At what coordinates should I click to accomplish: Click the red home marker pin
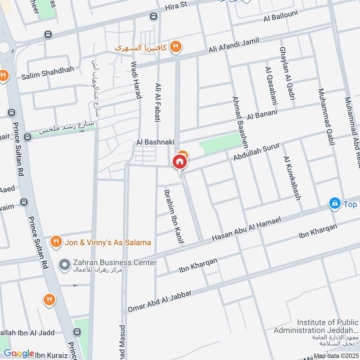click(180, 162)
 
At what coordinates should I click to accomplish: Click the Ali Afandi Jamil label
click(234, 47)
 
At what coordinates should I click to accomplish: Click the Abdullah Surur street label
click(257, 152)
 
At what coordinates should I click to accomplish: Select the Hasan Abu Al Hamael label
click(246, 229)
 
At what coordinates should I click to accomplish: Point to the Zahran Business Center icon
click(65, 263)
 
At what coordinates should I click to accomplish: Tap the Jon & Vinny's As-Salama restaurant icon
click(56, 242)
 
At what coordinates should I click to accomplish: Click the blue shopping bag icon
click(334, 204)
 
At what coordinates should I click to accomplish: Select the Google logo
click(18, 353)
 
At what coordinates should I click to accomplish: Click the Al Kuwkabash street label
click(292, 178)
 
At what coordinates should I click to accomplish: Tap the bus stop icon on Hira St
click(153, 16)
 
